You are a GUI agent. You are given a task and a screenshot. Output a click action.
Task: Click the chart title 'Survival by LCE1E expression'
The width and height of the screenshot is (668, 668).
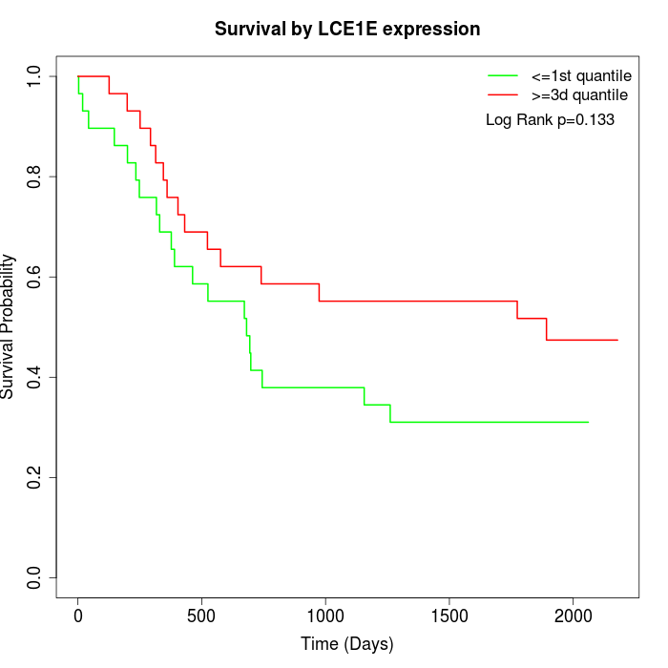click(347, 29)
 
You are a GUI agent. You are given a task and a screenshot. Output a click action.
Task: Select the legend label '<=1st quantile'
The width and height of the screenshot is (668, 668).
click(580, 75)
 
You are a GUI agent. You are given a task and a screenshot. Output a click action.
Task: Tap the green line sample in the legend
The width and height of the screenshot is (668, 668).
click(503, 75)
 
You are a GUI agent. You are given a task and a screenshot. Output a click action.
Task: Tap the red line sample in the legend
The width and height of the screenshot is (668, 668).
click(503, 94)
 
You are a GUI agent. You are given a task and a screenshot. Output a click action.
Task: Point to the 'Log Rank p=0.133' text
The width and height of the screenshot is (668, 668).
click(550, 120)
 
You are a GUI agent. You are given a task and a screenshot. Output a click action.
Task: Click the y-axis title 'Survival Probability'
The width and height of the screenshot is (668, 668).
click(9, 326)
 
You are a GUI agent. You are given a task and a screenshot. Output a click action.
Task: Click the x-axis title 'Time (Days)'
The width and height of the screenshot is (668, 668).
click(347, 644)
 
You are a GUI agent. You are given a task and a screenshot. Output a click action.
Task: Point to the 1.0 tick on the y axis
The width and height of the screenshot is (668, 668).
click(35, 76)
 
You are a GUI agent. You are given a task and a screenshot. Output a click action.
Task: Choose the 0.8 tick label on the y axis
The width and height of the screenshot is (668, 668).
click(35, 177)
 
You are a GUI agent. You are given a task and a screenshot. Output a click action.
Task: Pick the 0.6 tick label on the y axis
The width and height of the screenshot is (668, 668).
click(35, 277)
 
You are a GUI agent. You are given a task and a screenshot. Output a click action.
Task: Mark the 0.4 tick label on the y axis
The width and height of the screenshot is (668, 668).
click(35, 377)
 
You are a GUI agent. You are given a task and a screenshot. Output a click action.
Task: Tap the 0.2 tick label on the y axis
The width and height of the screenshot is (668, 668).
click(35, 477)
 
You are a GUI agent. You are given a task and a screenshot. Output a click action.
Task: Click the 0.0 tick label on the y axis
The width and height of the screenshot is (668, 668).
click(35, 577)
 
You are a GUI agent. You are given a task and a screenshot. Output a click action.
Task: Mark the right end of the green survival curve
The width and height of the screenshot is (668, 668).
click(588, 422)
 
